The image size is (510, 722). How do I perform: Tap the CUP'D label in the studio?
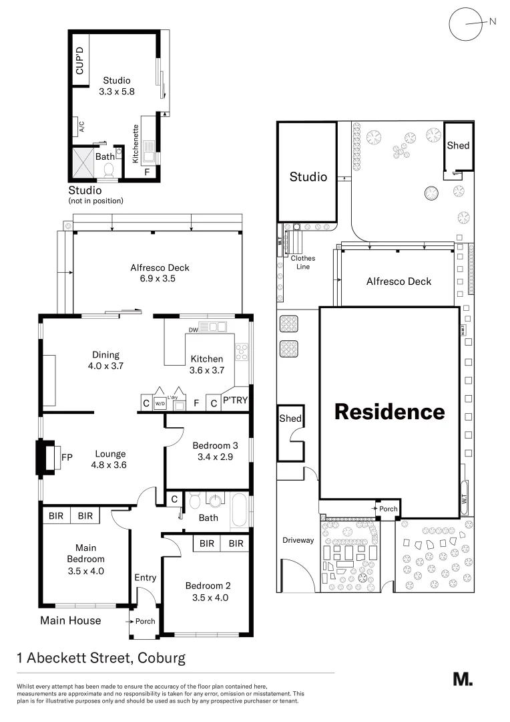pos(80,61)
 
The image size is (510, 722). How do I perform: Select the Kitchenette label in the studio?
pos(136,144)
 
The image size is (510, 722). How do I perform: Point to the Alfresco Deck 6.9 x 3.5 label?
pos(160,273)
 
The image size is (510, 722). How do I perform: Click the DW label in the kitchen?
pos(192,329)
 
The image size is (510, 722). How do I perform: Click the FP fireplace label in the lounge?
pos(67,457)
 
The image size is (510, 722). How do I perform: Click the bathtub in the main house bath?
pos(240,512)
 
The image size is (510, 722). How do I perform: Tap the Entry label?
pos(145,578)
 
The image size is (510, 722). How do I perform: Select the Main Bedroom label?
pos(86,553)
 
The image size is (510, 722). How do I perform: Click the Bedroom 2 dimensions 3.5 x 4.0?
pos(206,598)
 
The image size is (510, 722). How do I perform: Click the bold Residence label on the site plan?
pos(389,411)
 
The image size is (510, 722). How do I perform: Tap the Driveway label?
pos(298,540)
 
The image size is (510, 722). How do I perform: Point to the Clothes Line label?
pos(302,262)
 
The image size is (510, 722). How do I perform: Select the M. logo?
pos(463,679)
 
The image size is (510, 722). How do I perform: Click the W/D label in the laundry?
pos(160,403)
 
